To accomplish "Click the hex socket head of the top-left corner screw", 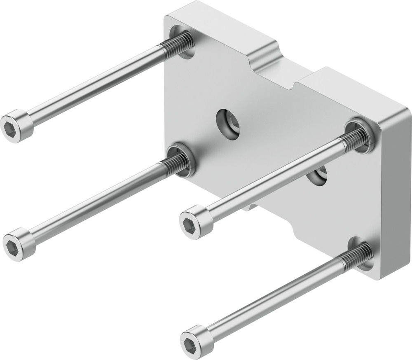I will click(x=16, y=126).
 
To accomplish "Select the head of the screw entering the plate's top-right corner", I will click(x=196, y=222).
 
